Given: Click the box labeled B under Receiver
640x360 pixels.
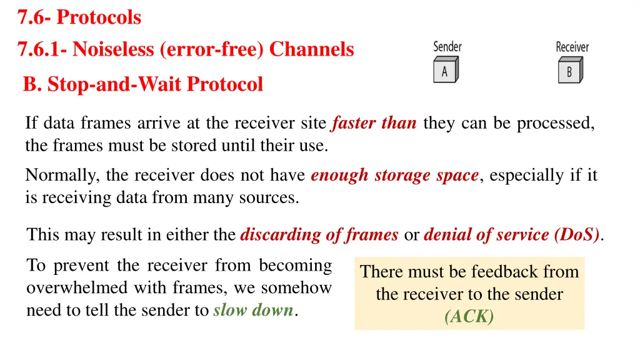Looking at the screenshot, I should tap(570, 71).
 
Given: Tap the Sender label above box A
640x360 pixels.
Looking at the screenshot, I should tap(447, 47).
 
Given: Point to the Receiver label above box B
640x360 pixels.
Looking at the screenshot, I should tap(572, 47).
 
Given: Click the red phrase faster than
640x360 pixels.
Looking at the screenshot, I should tap(374, 123).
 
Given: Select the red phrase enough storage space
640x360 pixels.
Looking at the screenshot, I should tap(394, 176).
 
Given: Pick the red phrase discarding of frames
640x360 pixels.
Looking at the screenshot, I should tap(319, 235).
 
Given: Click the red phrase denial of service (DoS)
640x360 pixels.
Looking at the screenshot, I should tap(512, 235).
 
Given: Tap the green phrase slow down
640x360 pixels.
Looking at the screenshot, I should tap(253, 310).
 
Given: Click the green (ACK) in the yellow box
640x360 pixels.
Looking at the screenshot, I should tap(469, 317).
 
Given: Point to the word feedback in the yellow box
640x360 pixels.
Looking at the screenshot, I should tap(504, 272).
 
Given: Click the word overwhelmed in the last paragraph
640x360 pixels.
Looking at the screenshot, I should tap(65, 288).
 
